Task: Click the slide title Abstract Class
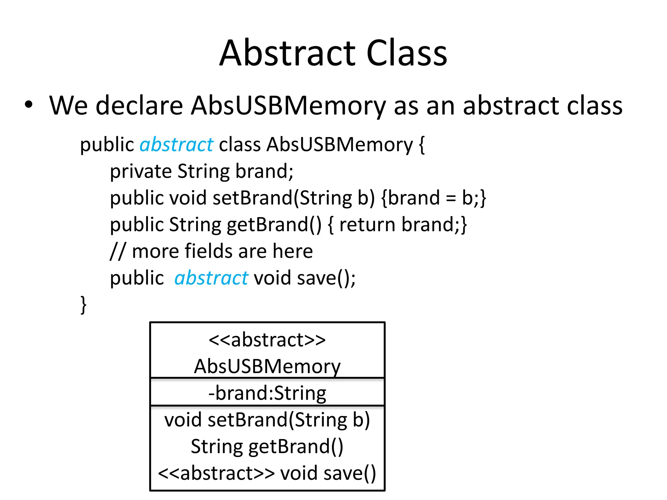pos(333,53)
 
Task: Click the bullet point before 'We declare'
pos(29,105)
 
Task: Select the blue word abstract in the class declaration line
pos(176,145)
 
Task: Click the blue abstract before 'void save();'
pos(211,278)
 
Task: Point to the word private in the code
pos(141,172)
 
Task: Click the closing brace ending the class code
pos(83,305)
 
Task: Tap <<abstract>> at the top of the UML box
pos(267,340)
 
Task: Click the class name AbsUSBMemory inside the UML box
pos(267,367)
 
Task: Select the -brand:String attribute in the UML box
pos(267,393)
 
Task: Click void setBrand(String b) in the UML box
pos(267,420)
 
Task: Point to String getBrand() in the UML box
pos(267,447)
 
